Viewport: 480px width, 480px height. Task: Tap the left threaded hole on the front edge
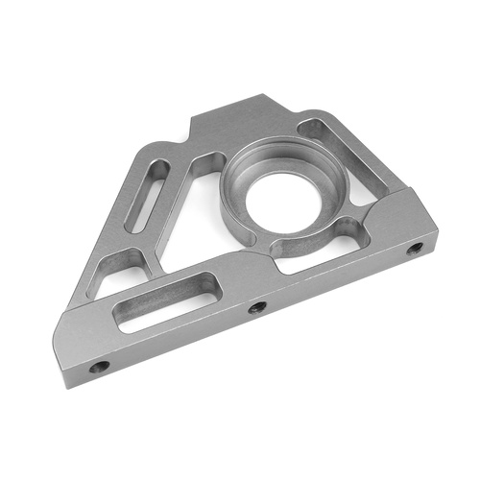coord(99,367)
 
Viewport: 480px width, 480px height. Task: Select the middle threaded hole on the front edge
coord(257,307)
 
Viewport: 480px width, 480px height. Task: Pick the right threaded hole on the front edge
coord(415,249)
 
